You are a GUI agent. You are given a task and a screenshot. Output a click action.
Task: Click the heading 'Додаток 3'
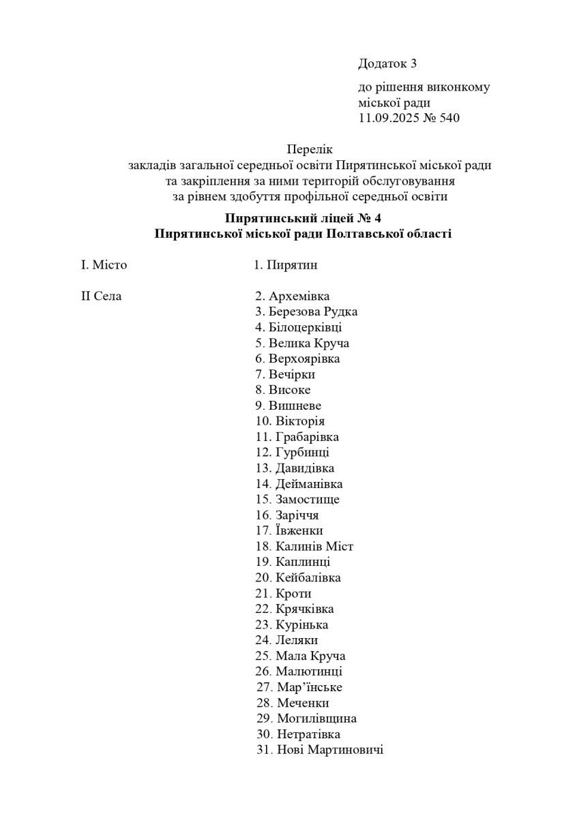(387, 64)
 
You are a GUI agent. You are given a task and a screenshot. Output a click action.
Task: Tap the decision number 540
(450, 118)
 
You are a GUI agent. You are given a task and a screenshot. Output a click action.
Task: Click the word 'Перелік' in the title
(310, 149)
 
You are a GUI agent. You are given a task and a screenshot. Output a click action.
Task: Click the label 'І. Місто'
(104, 264)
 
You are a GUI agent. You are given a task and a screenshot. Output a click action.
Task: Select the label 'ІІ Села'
(102, 296)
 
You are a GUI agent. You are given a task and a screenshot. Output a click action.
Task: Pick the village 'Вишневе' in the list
(295, 406)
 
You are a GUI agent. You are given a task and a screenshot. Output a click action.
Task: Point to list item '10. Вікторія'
(290, 421)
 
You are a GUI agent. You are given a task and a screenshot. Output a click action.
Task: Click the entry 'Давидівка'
(305, 468)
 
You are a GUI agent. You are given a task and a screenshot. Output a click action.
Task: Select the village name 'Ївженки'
(299, 530)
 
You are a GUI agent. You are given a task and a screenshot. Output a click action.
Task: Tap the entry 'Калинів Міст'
(314, 546)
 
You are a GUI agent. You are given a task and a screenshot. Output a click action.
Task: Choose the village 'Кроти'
(293, 593)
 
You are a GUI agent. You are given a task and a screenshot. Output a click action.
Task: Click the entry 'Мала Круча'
(310, 656)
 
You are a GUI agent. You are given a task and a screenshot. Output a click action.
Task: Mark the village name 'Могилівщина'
(316, 718)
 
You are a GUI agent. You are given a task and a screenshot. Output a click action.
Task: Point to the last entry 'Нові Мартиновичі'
(330, 750)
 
